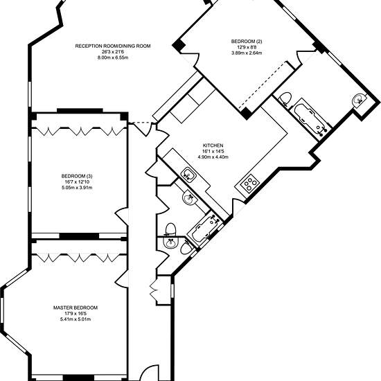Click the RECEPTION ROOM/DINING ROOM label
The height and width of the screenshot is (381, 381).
[x=113, y=46]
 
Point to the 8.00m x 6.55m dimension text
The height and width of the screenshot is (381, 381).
[x=113, y=57]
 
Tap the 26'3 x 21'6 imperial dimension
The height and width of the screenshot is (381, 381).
[x=113, y=52]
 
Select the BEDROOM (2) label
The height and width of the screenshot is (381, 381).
[x=247, y=42]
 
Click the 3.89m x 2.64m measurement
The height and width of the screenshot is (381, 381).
[x=247, y=53]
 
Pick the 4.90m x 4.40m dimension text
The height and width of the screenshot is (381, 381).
[x=213, y=157]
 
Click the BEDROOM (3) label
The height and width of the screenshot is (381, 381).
[x=77, y=176]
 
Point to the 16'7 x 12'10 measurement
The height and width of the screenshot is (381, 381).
[x=77, y=181]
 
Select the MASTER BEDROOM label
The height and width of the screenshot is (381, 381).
[x=76, y=308]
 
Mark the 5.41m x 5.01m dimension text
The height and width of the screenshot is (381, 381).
[x=76, y=319]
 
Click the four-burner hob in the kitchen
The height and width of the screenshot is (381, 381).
[x=250, y=184]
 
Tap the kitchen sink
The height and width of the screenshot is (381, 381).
[x=188, y=175]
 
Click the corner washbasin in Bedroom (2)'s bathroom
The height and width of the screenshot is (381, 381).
[x=359, y=100]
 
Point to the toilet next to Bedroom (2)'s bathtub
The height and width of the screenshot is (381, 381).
[x=284, y=99]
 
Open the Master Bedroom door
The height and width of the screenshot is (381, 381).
[x=122, y=278]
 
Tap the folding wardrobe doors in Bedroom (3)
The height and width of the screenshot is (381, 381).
[x=79, y=131]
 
